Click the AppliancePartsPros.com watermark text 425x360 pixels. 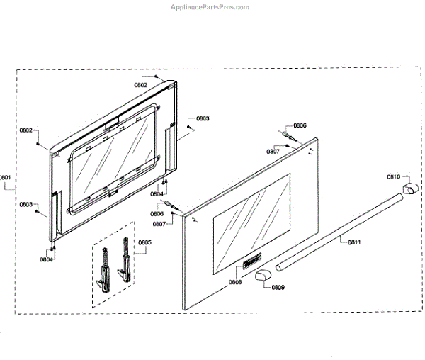(x=210, y=7)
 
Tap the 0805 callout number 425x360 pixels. (x=144, y=243)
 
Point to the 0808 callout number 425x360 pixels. (x=235, y=282)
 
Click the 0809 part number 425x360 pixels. (x=278, y=288)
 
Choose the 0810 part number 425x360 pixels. (x=393, y=177)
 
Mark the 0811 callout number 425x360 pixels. (x=354, y=242)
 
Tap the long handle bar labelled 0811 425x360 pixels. (x=340, y=232)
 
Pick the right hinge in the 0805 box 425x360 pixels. (x=126, y=263)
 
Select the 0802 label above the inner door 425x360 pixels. (x=140, y=85)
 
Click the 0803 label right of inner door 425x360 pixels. (x=203, y=118)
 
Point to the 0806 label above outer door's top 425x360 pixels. (x=300, y=125)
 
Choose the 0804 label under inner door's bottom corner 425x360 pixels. (x=47, y=259)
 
